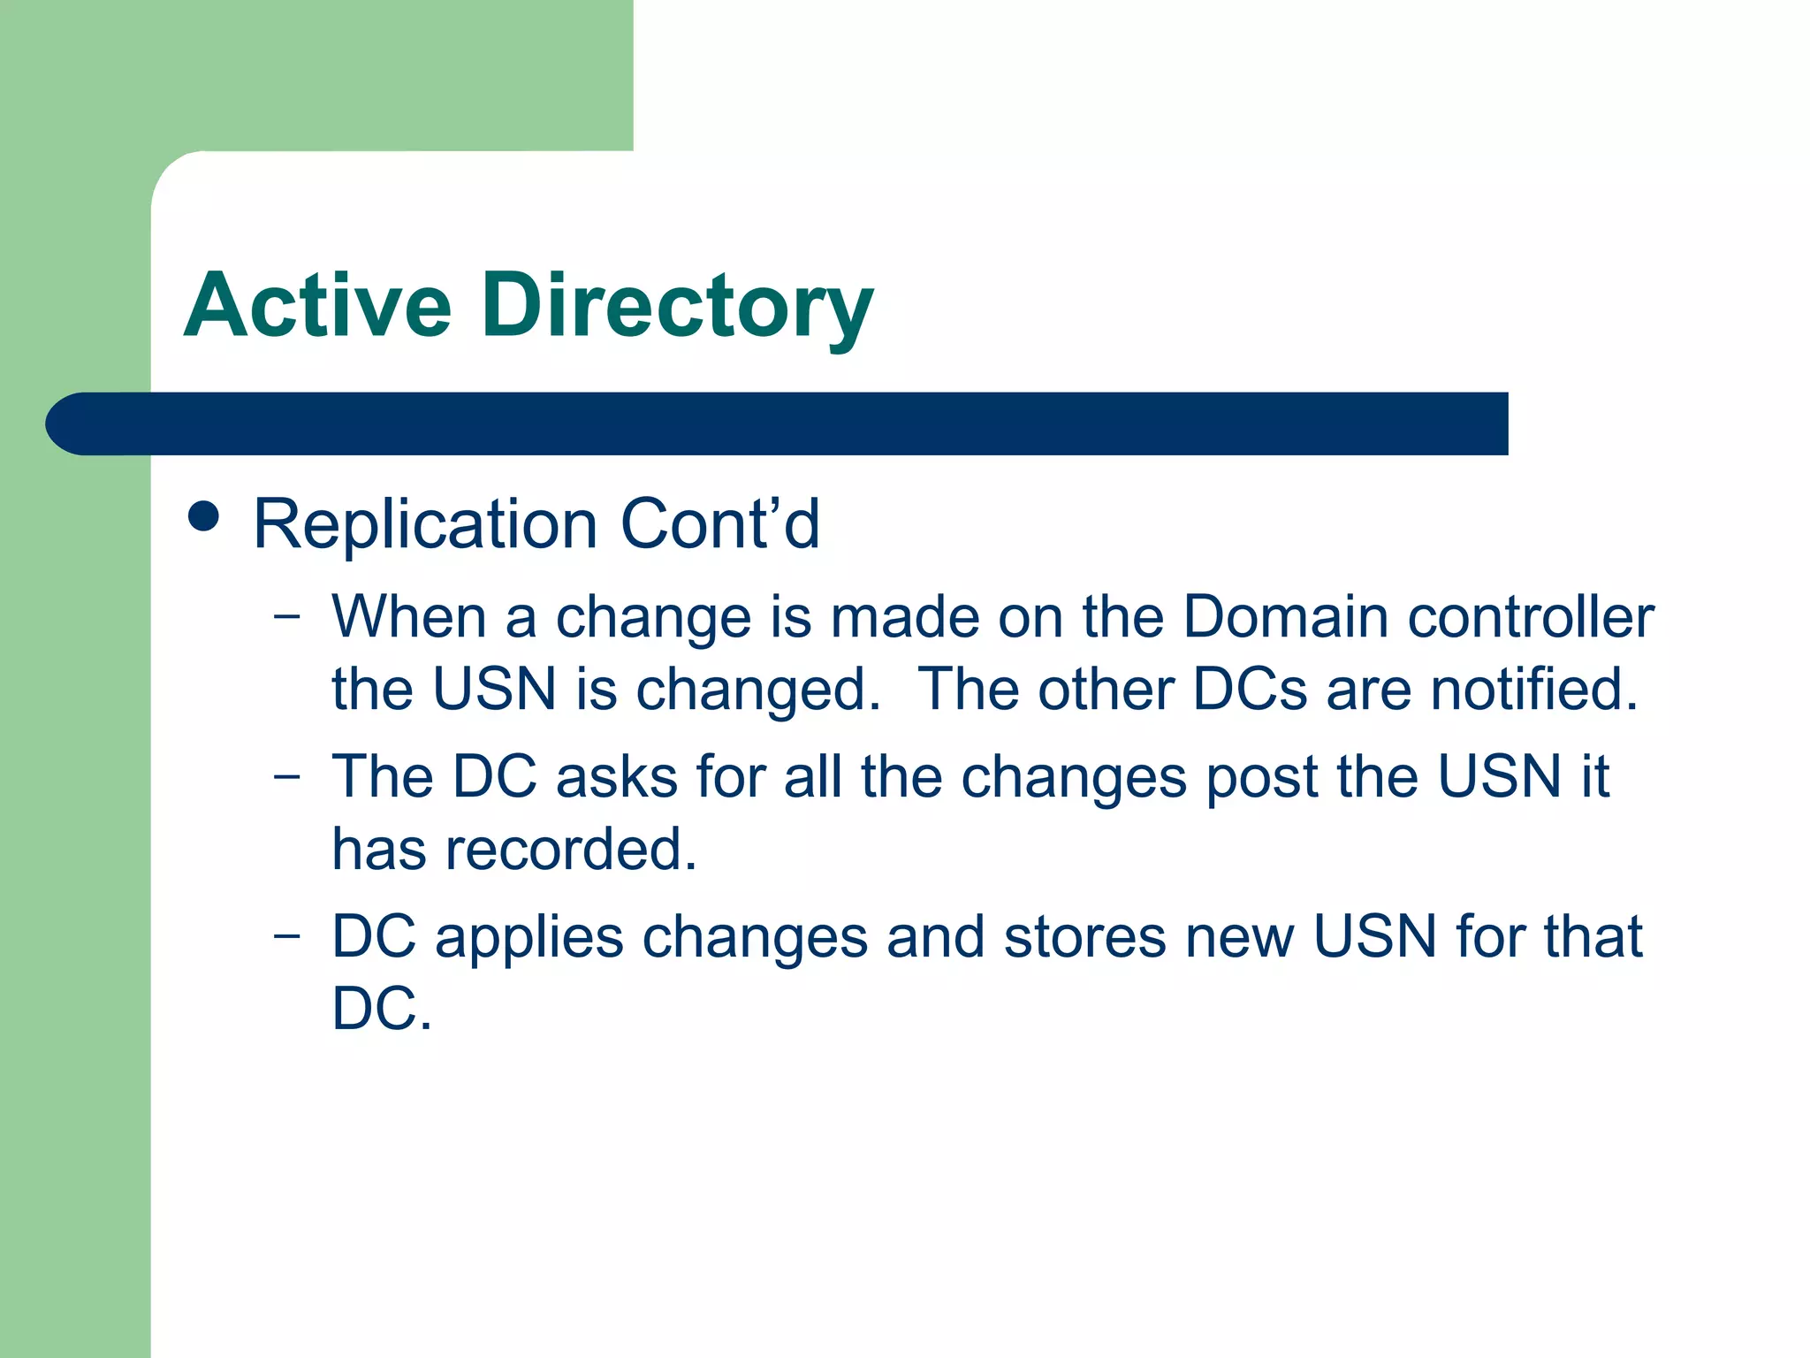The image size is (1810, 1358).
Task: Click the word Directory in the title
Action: click(x=677, y=307)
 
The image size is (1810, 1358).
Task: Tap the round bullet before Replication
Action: click(x=204, y=516)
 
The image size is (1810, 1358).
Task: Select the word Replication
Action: click(x=425, y=525)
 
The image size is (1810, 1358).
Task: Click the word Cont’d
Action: click(x=719, y=524)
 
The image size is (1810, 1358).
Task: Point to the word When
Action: click(x=408, y=616)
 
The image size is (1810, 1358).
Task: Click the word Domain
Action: click(x=1285, y=616)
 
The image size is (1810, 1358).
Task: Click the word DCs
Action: click(x=1249, y=689)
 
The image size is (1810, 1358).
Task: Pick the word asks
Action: click(x=616, y=777)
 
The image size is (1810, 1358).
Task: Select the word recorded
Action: click(x=571, y=850)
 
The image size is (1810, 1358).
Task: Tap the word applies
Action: click(x=529, y=937)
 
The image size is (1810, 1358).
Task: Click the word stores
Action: click(x=1084, y=937)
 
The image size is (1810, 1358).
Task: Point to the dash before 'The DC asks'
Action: click(x=286, y=776)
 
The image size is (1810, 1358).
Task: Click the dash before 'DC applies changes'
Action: click(x=286, y=936)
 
